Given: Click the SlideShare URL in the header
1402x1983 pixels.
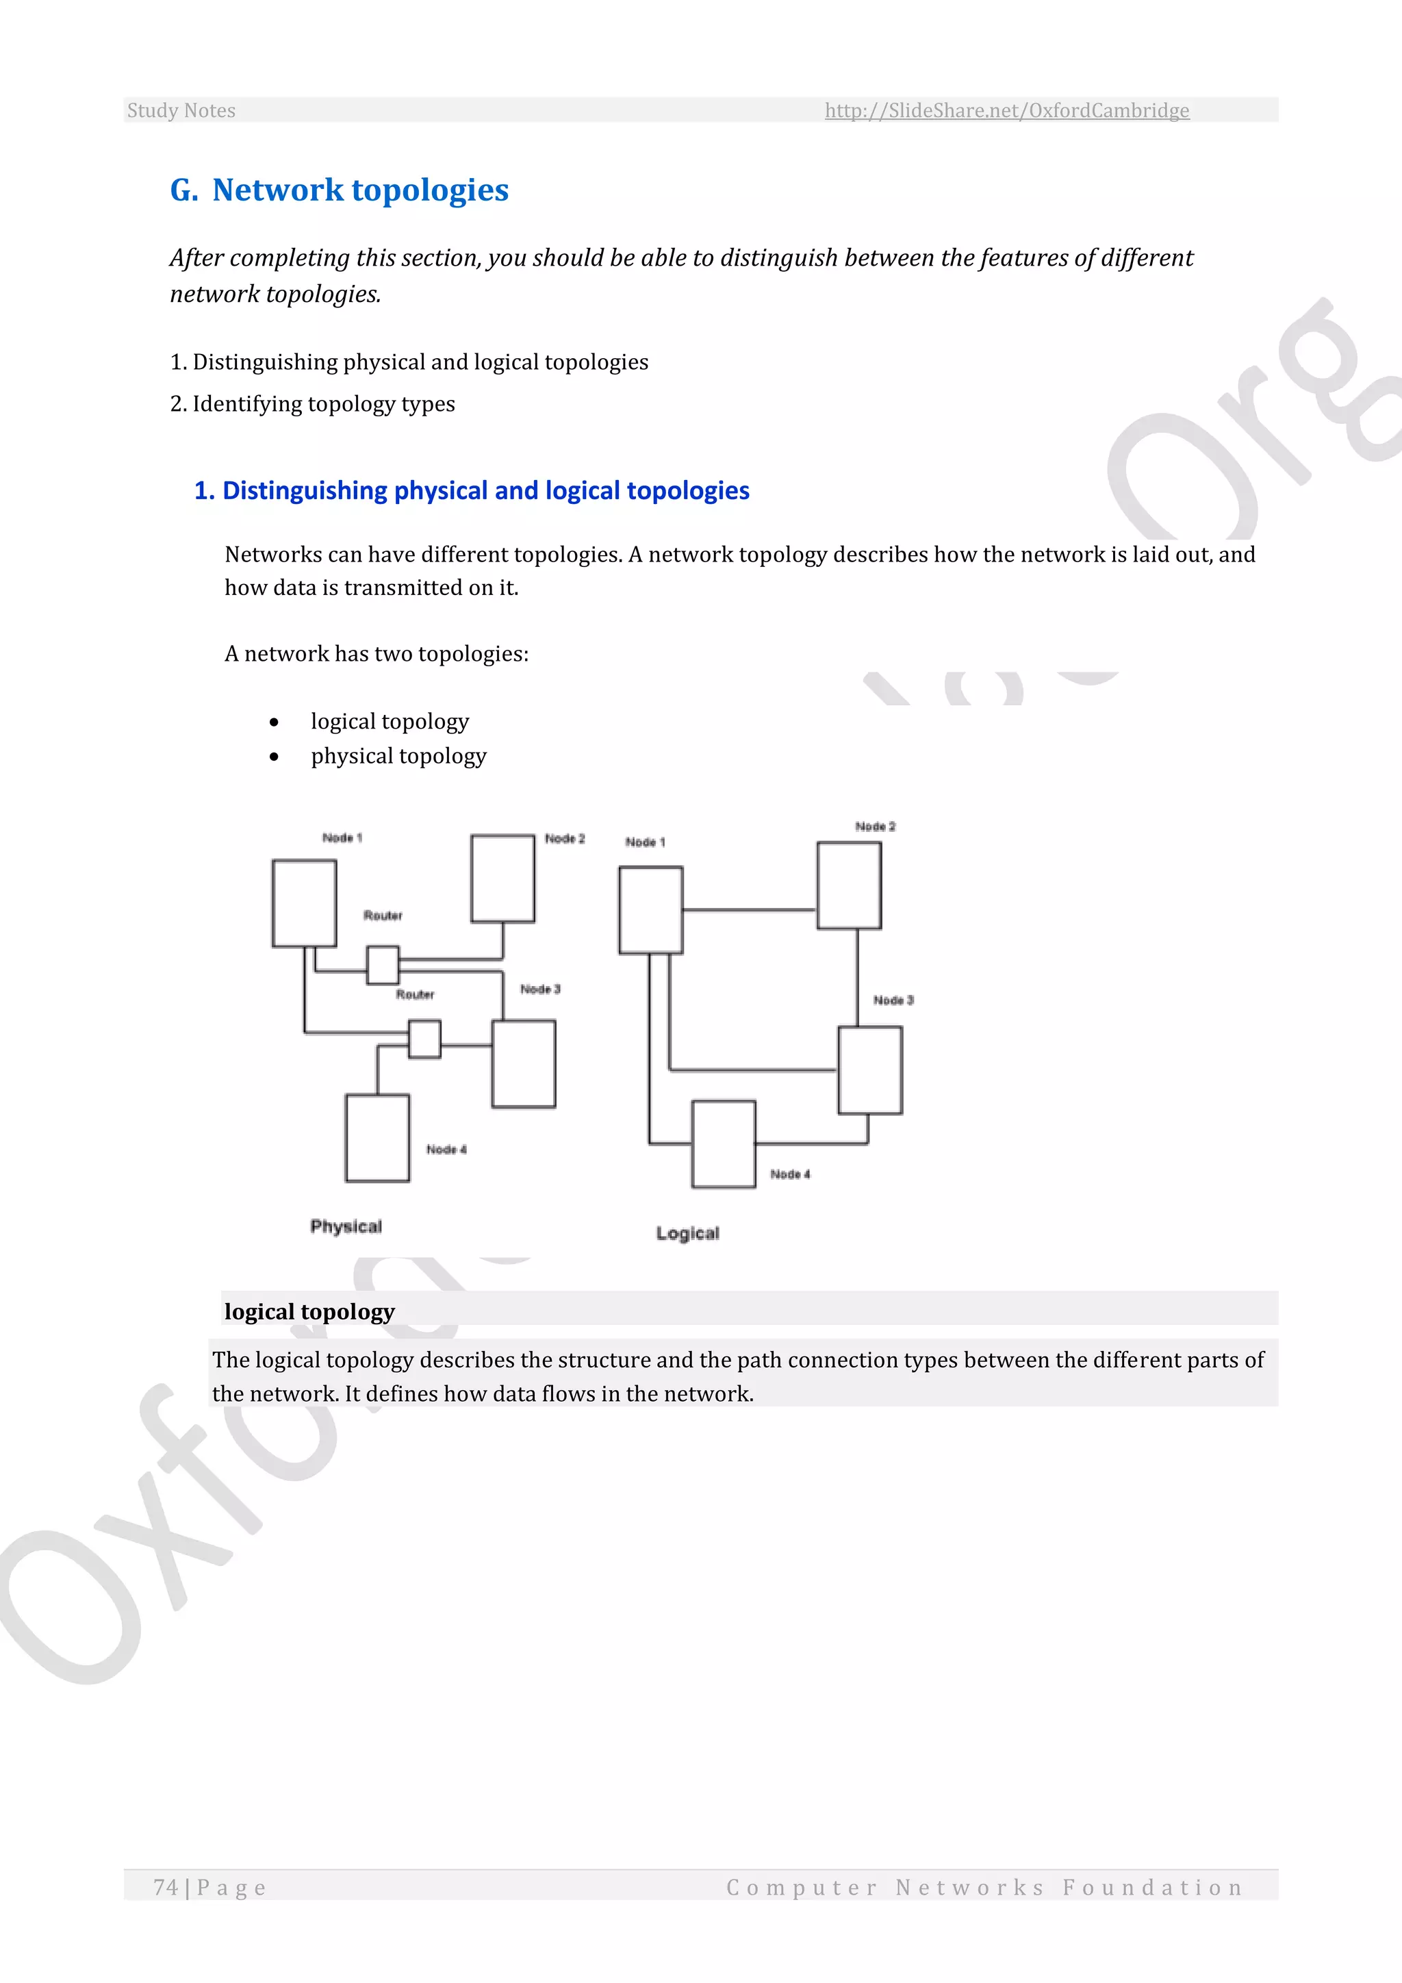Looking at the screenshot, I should (1006, 110).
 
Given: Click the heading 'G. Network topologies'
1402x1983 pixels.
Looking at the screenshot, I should (340, 190).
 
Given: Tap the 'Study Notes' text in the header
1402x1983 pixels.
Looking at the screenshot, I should (181, 110).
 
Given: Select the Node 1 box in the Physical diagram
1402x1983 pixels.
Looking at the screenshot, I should (304, 902).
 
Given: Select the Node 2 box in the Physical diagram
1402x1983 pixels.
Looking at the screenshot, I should (502, 878).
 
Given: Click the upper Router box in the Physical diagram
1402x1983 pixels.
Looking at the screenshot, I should (383, 965).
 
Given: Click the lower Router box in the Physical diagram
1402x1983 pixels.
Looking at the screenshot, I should (424, 1038).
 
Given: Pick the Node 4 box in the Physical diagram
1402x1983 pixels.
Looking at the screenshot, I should (377, 1137).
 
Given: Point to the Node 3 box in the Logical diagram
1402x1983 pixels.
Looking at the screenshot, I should (869, 1070).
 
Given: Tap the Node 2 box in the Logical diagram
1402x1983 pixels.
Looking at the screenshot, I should (849, 885).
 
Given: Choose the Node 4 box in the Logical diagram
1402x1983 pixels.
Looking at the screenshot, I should (724, 1144).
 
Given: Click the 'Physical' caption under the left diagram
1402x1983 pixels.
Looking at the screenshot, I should (346, 1226).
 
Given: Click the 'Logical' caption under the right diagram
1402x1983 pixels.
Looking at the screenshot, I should (687, 1233).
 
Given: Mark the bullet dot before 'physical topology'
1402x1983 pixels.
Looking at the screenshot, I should (274, 757).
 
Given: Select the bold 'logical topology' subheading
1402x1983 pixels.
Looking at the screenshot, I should (309, 1311).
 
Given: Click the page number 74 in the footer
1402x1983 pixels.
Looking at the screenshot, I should (166, 1887).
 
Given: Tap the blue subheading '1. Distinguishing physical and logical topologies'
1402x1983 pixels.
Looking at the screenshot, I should (472, 490).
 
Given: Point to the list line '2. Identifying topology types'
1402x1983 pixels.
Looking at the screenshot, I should (313, 403).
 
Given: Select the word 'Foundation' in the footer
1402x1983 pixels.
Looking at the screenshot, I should (1153, 1887).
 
